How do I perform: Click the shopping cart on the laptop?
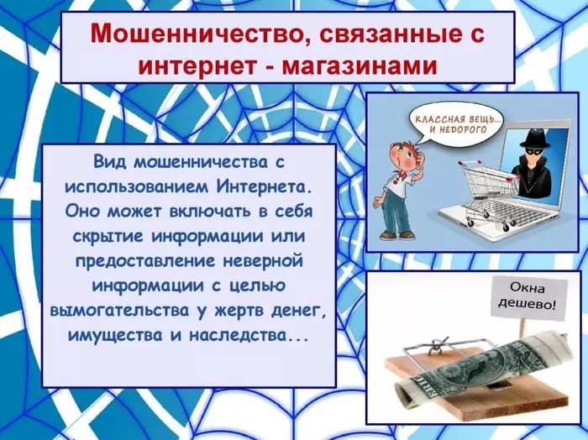point(488,192)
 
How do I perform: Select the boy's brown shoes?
point(396,235)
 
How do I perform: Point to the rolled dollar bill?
point(487,367)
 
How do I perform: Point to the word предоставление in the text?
point(145,261)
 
